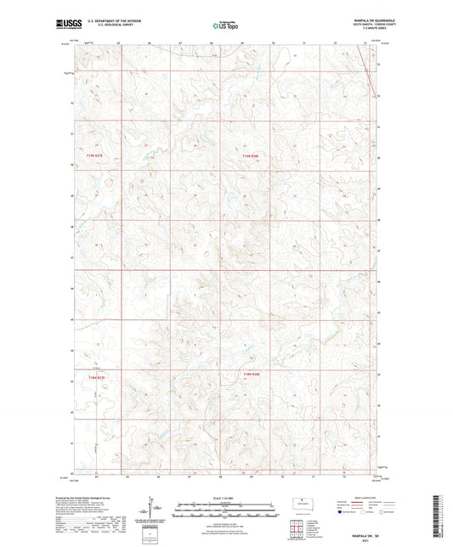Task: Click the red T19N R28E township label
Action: point(249,155)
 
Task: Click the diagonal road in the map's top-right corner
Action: point(371,72)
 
